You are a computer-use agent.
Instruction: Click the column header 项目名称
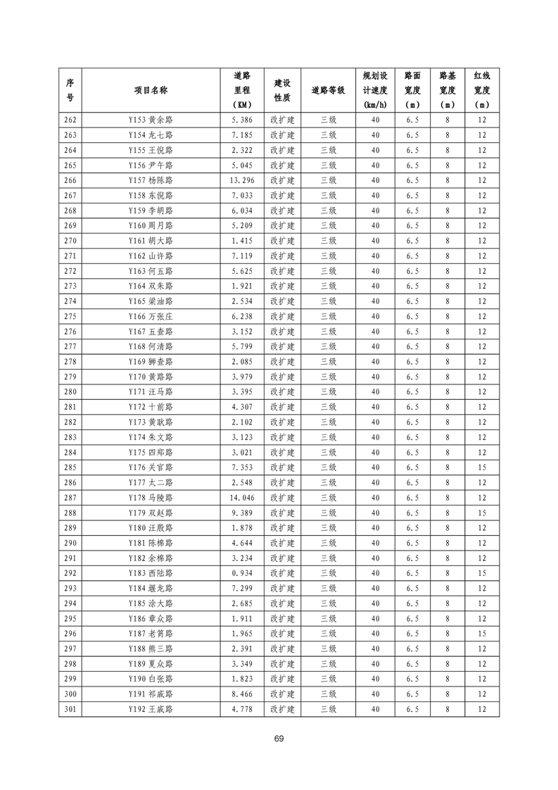tap(151, 90)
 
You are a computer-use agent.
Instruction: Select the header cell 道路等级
tap(328, 90)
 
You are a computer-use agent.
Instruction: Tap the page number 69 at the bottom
tap(279, 739)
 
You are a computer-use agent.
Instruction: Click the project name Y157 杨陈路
tap(151, 180)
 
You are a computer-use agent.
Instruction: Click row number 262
tap(70, 120)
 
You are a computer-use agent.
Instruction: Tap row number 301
tap(70, 709)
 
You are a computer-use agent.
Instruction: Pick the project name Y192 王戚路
tap(151, 709)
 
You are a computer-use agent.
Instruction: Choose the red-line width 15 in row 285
tap(481, 468)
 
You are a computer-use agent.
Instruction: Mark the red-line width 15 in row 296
tap(481, 634)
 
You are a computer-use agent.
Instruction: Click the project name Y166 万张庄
tap(151, 316)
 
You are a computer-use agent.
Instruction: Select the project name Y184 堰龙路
tap(151, 588)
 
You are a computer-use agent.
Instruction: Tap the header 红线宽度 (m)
tap(481, 90)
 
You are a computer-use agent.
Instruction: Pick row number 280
tap(70, 391)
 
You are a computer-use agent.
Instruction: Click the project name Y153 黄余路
tap(151, 120)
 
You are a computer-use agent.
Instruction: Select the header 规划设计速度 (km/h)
tap(374, 90)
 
